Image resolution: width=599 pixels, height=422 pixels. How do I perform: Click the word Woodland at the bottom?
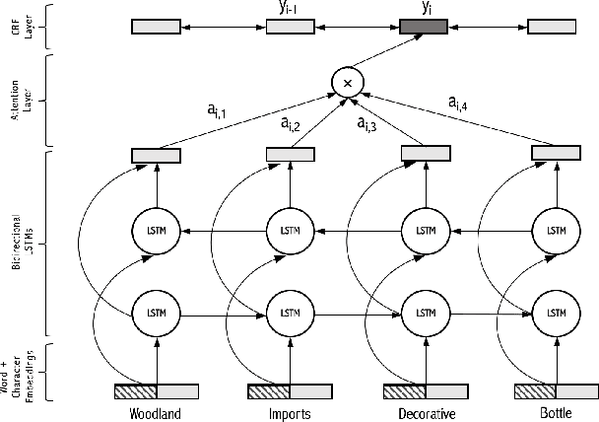[156, 412]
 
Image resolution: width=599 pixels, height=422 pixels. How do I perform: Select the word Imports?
[290, 412]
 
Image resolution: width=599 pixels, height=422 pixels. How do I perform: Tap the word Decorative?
[425, 412]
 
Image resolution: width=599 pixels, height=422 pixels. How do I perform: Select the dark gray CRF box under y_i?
[426, 25]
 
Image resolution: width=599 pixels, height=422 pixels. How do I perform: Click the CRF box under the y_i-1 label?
[291, 25]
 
